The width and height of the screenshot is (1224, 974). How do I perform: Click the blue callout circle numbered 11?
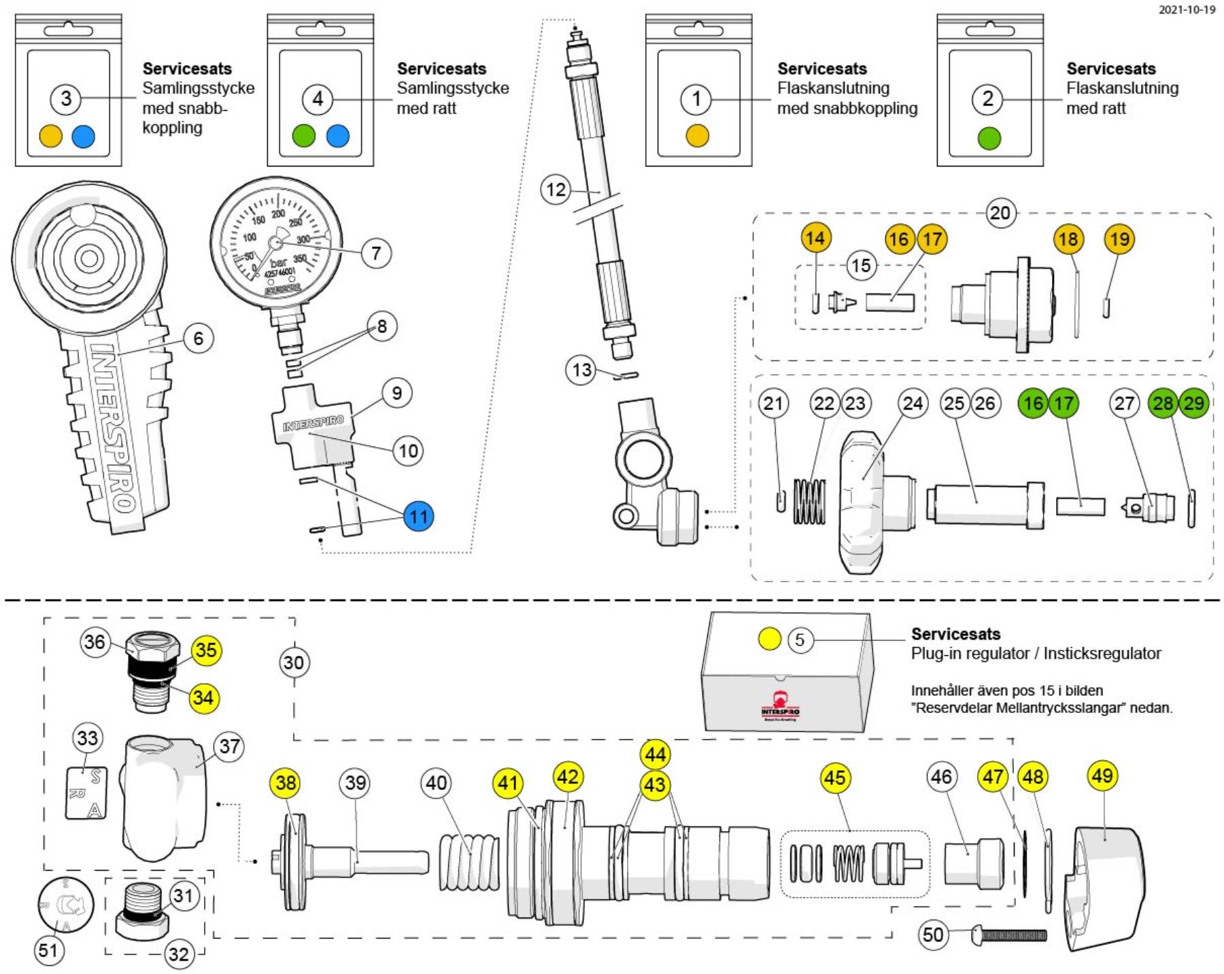(418, 517)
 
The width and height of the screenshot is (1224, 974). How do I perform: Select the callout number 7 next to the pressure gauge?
(376, 254)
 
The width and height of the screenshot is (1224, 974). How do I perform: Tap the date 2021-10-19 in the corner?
(1187, 10)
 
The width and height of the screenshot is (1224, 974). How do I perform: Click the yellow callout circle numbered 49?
(1103, 776)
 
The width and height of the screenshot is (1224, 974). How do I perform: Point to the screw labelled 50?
(1006, 936)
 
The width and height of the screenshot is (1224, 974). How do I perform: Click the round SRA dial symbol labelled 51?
(60, 905)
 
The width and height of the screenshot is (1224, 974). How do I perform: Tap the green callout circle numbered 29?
(1193, 403)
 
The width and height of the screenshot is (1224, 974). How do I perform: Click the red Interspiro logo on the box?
(780, 703)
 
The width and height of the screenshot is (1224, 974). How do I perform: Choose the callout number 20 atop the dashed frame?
(1000, 213)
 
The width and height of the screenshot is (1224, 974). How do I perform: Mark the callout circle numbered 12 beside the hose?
(556, 190)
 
